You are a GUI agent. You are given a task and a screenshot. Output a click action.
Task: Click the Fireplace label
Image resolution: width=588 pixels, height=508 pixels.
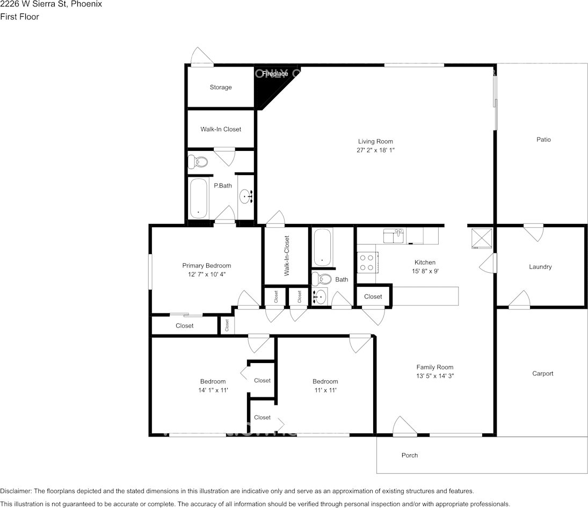pyautogui.click(x=275, y=74)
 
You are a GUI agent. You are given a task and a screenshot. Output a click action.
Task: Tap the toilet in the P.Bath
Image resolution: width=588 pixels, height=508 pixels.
pyautogui.click(x=199, y=161)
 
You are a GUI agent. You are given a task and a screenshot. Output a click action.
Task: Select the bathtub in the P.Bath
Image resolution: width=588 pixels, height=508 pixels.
pyautogui.click(x=199, y=197)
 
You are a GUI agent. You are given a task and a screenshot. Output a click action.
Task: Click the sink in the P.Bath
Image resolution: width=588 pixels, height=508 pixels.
pyautogui.click(x=246, y=197)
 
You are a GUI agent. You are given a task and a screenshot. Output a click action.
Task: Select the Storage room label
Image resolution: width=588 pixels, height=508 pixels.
pyautogui.click(x=221, y=87)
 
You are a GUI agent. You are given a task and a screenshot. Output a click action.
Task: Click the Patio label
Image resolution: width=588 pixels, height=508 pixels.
pyautogui.click(x=543, y=140)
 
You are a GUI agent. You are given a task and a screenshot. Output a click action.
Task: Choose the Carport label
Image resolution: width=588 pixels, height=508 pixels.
pyautogui.click(x=542, y=374)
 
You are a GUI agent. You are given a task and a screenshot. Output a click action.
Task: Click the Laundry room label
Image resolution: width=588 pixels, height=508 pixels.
pyautogui.click(x=540, y=267)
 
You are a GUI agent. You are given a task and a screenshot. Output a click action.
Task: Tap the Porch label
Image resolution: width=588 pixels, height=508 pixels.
pyautogui.click(x=410, y=455)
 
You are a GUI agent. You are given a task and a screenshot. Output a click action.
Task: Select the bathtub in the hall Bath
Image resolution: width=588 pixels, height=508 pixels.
pyautogui.click(x=323, y=247)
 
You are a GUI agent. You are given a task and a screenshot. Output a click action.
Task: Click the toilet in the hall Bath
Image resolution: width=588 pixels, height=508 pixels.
pyautogui.click(x=322, y=278)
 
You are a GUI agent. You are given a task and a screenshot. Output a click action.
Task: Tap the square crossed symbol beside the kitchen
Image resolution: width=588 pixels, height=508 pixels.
pyautogui.click(x=481, y=238)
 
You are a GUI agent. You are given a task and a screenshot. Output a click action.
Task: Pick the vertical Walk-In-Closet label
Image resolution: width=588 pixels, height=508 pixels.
pyautogui.click(x=286, y=256)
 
